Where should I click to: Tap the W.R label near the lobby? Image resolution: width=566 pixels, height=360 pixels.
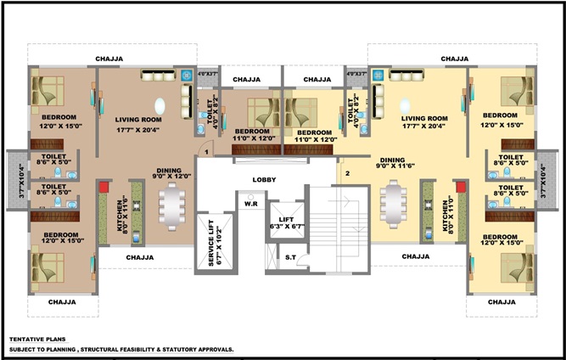pos(252,204)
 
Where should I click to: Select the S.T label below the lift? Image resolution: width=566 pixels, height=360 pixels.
pos(290,257)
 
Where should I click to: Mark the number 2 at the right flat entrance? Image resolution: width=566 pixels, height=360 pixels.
pos(347,174)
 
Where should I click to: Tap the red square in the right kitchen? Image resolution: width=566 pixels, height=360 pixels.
pos(461,187)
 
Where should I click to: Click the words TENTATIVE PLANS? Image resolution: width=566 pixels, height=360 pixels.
pos(39,337)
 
